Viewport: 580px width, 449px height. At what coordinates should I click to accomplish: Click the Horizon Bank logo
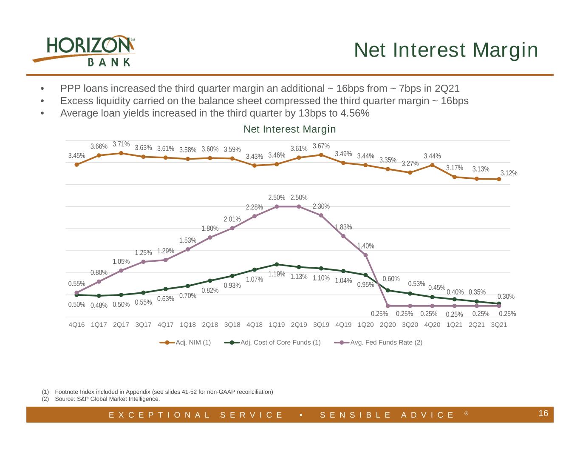click(x=84, y=51)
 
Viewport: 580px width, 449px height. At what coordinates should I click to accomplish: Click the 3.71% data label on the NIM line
click(x=121, y=144)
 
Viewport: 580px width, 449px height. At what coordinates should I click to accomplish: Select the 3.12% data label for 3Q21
click(x=509, y=173)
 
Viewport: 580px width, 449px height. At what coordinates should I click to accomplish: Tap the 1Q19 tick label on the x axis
click(x=277, y=325)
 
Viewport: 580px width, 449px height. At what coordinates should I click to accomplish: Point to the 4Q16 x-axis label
click(x=76, y=325)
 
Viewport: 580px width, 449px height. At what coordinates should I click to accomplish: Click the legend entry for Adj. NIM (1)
click(x=185, y=342)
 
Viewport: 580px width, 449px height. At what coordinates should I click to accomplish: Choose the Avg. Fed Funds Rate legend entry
click(x=378, y=342)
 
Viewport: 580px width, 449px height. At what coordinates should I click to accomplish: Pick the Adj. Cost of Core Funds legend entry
click(x=272, y=342)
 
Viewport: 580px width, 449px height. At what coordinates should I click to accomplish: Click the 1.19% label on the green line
click(x=277, y=274)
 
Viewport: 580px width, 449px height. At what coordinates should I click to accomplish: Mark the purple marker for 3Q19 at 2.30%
click(x=321, y=215)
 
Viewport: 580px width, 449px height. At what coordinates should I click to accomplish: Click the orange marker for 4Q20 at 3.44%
click(x=433, y=165)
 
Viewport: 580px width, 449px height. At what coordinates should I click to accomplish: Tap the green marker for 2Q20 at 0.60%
click(x=388, y=290)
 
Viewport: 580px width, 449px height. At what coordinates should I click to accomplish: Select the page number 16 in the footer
click(x=543, y=413)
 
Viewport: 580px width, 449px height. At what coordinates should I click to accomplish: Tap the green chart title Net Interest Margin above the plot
click(x=290, y=129)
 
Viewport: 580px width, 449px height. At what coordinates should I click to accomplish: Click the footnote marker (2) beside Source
click(x=45, y=399)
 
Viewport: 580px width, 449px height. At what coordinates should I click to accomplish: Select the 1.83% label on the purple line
click(x=343, y=227)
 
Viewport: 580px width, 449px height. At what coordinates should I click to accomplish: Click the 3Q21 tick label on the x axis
click(x=499, y=325)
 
